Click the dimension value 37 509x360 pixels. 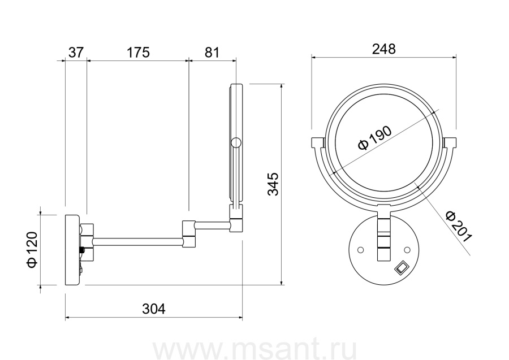[76, 52]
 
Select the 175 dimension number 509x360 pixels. [138, 52]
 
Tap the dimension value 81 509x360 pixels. [212, 52]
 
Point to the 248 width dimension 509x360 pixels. [384, 49]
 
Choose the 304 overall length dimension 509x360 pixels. [153, 309]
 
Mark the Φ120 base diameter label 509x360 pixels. [33, 249]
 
